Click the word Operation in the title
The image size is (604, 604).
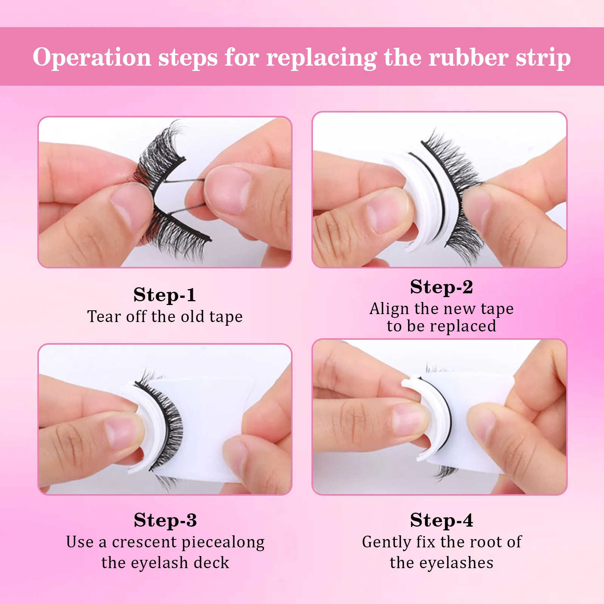[92, 57]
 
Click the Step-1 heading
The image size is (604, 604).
[165, 295]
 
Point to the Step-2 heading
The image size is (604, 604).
[441, 287]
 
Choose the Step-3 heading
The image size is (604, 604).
[165, 520]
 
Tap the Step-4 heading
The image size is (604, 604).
[441, 520]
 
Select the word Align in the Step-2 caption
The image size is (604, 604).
[389, 309]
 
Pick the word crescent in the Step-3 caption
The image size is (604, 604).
[144, 542]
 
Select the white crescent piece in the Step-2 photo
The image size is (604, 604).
[423, 196]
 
